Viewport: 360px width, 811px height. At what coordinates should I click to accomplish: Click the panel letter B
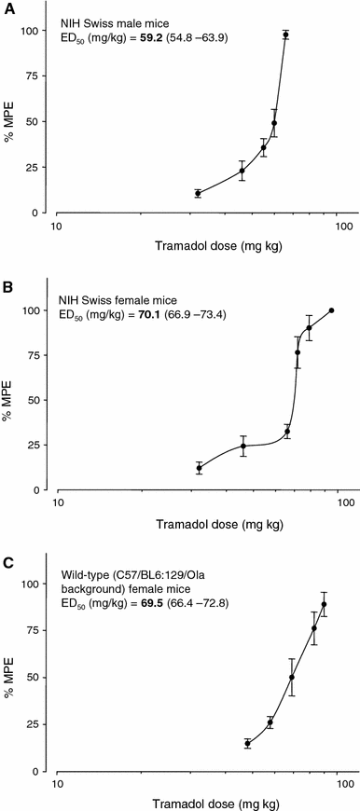[x=7, y=286]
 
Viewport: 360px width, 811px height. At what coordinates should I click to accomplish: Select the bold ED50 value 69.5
[x=149, y=604]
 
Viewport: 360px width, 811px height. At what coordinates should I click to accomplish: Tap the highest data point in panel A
[x=286, y=34]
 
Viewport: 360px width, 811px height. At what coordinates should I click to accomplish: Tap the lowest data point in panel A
[x=198, y=193]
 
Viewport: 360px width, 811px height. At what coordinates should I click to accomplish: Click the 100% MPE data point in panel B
[x=332, y=310]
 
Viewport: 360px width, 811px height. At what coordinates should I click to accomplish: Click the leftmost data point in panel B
[x=199, y=468]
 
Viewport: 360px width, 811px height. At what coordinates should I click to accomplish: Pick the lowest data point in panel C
[x=247, y=743]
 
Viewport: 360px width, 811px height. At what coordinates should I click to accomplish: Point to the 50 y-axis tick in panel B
[x=37, y=400]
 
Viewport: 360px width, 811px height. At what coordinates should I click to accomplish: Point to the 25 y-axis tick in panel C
[x=37, y=723]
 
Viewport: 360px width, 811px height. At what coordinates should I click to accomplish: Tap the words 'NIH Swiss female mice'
[x=119, y=301]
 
